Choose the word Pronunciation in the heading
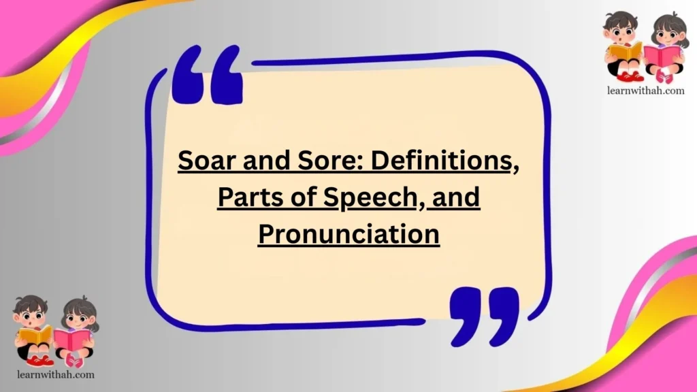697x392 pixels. tap(348, 234)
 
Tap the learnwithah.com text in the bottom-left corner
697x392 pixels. tap(54, 374)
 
